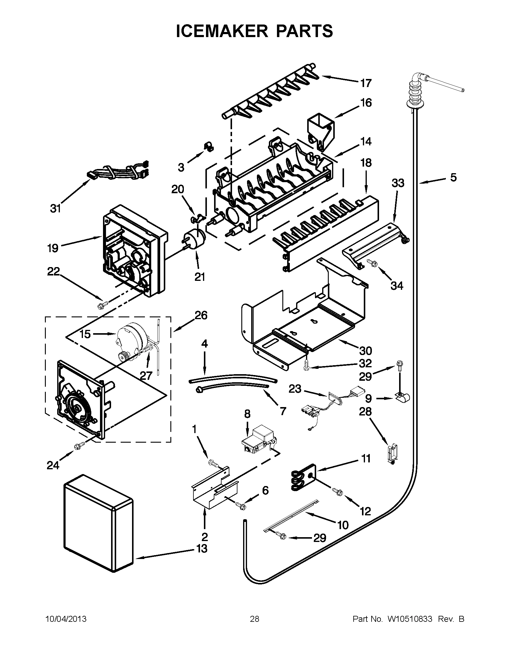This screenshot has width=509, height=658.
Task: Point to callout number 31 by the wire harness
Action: click(55, 208)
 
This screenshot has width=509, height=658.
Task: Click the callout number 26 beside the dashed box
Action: click(201, 316)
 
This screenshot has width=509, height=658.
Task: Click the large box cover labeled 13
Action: click(98, 524)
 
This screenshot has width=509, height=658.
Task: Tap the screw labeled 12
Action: click(337, 491)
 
